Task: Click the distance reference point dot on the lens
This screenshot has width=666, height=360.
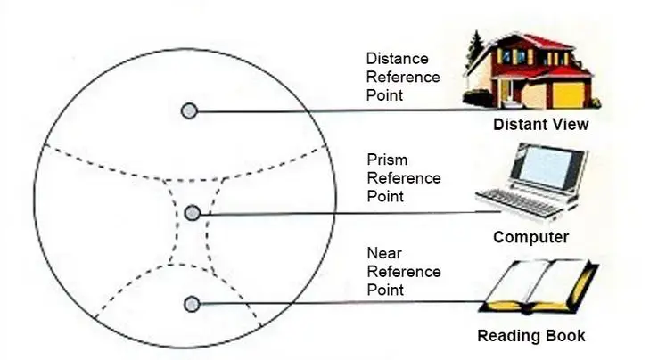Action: (x=189, y=111)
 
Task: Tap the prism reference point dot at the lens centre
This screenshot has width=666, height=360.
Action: (x=192, y=212)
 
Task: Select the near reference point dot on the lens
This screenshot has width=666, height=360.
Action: (x=191, y=305)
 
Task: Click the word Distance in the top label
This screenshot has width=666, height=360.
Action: (x=396, y=59)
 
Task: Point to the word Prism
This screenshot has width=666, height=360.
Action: (x=387, y=160)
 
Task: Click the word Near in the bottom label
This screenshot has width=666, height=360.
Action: (x=383, y=253)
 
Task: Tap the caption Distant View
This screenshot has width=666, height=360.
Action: (x=540, y=125)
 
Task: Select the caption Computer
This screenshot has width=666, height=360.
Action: (x=530, y=237)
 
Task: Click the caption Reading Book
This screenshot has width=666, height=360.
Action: (x=530, y=336)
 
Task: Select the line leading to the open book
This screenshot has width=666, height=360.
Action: (x=339, y=303)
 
